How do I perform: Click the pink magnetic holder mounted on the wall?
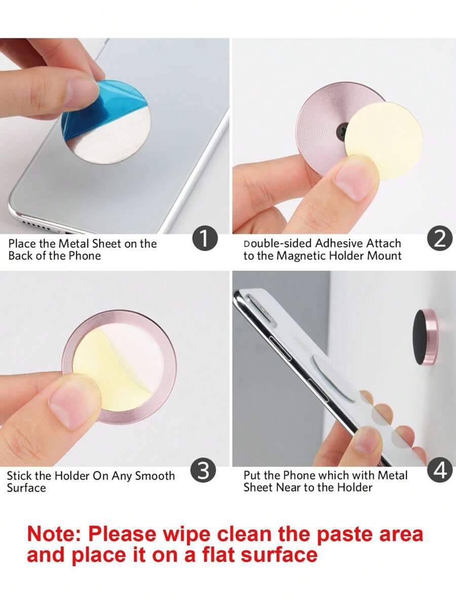tap(426, 337)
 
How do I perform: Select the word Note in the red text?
tap(54, 534)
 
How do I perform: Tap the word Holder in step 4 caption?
tap(355, 487)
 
